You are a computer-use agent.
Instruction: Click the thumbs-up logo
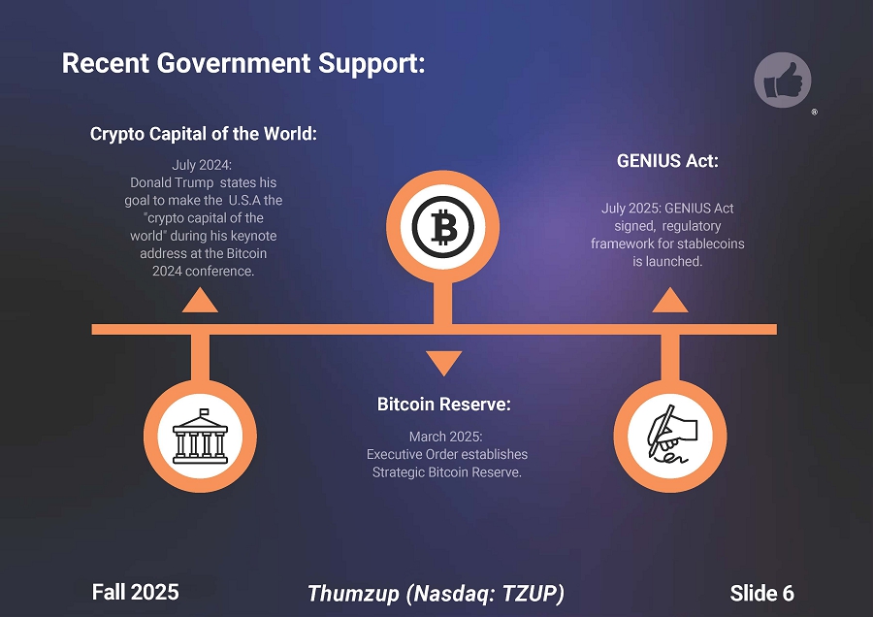point(782,81)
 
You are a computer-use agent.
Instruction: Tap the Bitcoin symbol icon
point(443,227)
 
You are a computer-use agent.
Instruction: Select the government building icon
point(201,437)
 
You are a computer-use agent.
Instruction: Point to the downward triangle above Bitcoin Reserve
point(443,362)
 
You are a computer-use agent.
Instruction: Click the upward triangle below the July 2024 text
point(200,300)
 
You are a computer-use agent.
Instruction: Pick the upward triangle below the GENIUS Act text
point(670,300)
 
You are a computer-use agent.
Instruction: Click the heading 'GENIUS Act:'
point(667,161)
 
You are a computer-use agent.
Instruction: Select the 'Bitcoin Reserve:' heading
point(443,405)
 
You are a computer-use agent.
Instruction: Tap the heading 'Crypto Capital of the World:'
point(204,134)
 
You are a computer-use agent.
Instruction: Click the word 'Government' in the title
point(233,63)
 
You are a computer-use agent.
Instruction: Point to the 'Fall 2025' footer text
point(135,593)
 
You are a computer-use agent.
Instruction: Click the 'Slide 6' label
point(761,594)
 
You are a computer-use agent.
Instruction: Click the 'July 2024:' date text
point(202,165)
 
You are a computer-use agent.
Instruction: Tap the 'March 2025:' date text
point(446,437)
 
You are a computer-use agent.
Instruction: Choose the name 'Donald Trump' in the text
point(172,182)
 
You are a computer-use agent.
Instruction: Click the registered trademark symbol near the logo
point(815,113)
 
